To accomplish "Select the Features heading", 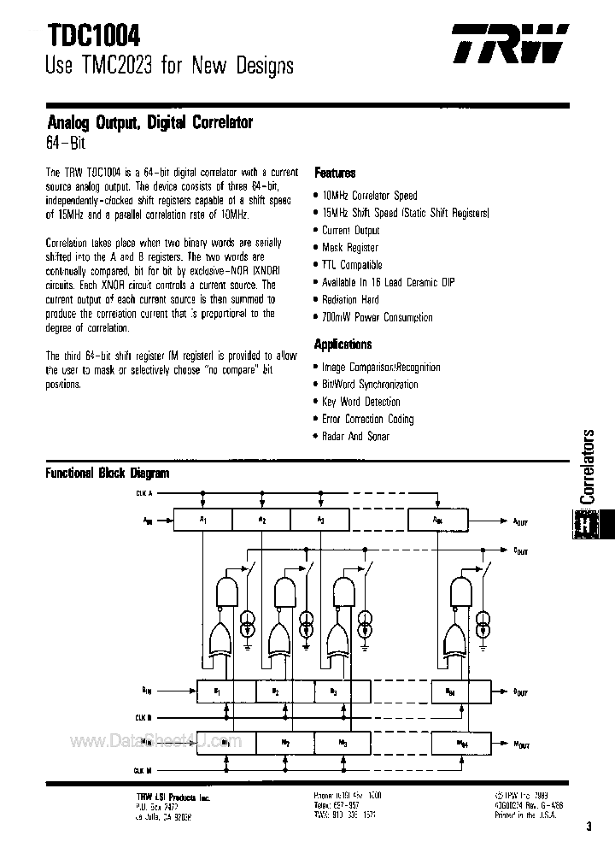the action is [x=335, y=173].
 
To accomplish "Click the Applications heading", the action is [x=343, y=344].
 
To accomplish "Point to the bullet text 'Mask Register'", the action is [x=350, y=248].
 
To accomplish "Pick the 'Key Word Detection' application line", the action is [x=360, y=402].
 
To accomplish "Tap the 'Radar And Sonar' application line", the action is [x=355, y=437].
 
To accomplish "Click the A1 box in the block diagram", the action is [x=203, y=520].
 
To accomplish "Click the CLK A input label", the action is [x=143, y=494].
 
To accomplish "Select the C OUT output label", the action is [x=520, y=550].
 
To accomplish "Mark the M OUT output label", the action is [x=520, y=744].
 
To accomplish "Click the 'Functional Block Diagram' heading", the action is [x=107, y=473].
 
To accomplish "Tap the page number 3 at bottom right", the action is [x=590, y=827].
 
